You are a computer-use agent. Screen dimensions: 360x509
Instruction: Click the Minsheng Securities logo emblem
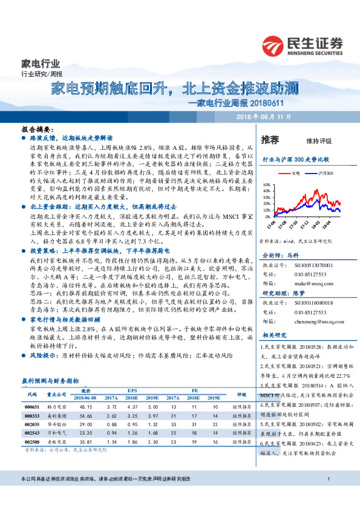coord(274,45)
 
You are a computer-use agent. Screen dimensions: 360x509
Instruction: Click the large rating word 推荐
coord(270,140)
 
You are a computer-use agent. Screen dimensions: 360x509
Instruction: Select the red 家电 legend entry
coord(293,173)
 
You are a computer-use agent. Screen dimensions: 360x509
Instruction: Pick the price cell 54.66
coord(86,417)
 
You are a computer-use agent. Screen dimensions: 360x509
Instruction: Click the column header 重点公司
coord(57,393)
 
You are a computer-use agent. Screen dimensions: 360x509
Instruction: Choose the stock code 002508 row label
coord(32,443)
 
